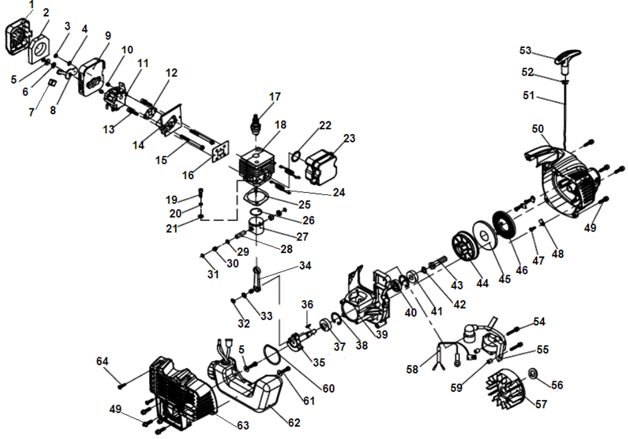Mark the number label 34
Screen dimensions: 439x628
coord(305,266)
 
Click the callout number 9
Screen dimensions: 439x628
coord(107,36)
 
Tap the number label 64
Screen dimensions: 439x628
coord(103,361)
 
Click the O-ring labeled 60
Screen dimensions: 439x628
coord(269,352)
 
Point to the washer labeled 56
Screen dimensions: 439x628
coord(533,373)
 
